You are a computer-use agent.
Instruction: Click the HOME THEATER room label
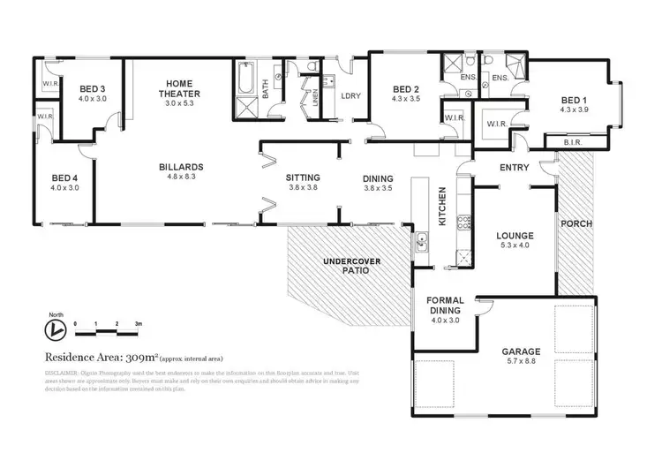(x=183, y=88)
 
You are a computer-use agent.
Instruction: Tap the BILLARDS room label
(x=182, y=166)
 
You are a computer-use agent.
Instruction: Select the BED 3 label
(x=92, y=89)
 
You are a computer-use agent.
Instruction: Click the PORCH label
(x=576, y=223)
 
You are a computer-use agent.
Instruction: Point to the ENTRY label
(x=514, y=168)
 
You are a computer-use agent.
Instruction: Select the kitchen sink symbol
(x=423, y=238)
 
